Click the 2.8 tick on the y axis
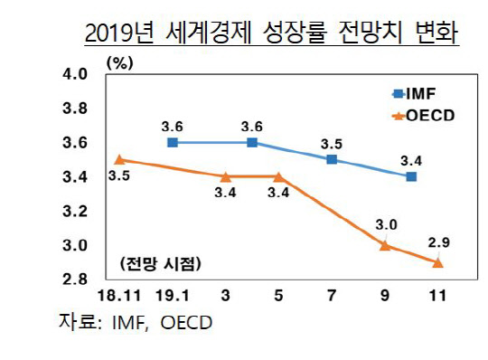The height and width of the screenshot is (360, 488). pyautogui.click(x=75, y=279)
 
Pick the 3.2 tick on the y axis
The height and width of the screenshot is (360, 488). pyautogui.click(x=75, y=211)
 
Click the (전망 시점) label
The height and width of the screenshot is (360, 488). pyautogui.click(x=159, y=264)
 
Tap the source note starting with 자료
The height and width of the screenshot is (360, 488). pyautogui.click(x=136, y=323)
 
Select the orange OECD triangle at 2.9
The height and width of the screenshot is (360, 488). pyautogui.click(x=438, y=262)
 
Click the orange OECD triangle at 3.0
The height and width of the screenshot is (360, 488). pyautogui.click(x=385, y=245)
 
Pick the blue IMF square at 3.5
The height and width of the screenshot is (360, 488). pyautogui.click(x=332, y=159)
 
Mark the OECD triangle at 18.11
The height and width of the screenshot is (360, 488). pyautogui.click(x=121, y=159)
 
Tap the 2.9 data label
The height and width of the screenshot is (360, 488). pyautogui.click(x=438, y=242)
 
